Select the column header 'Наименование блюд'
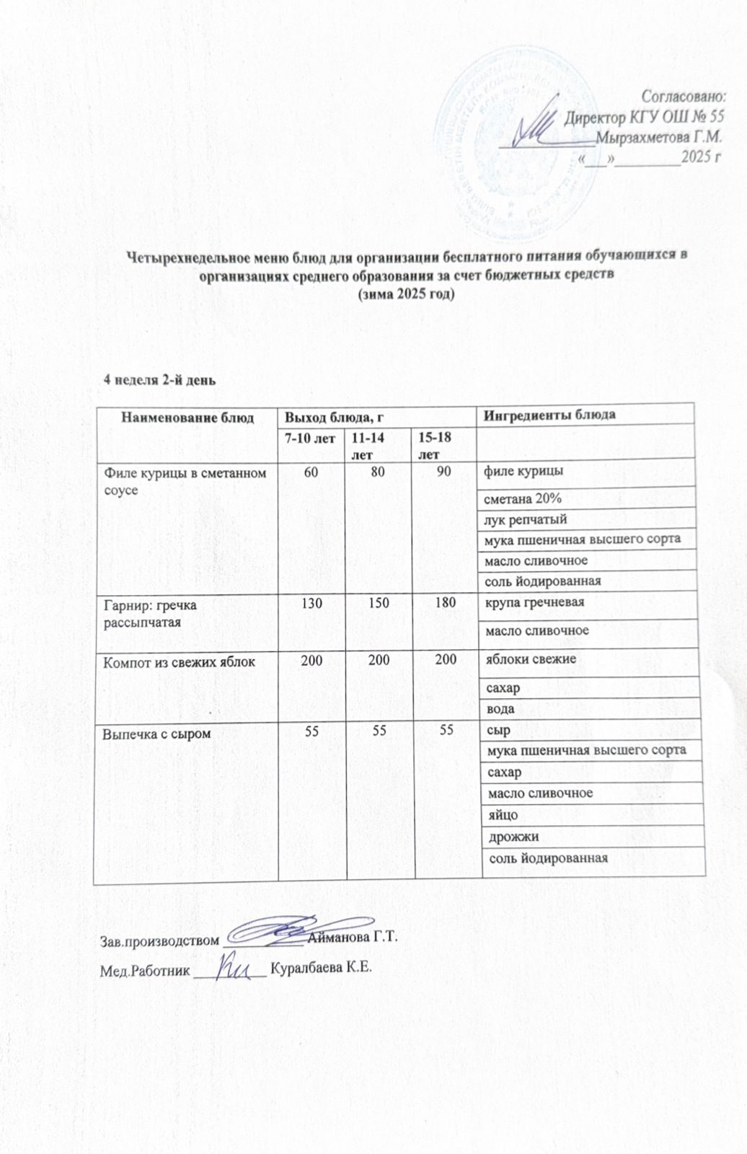tap(187, 417)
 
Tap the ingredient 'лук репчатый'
tap(525, 519)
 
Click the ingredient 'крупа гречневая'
tap(534, 602)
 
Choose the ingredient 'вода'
tap(500, 709)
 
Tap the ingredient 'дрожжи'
tap(513, 837)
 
